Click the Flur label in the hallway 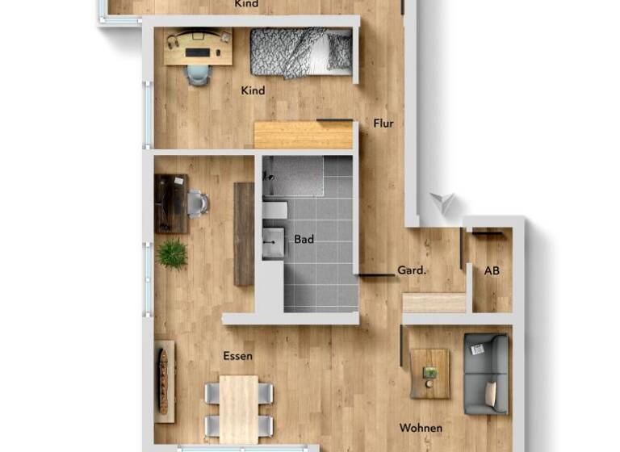coord(383,123)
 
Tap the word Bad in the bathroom coord(304,240)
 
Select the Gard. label coord(411,271)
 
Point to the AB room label coord(492,271)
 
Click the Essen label coord(238,356)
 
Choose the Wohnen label coord(421,428)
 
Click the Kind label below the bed coord(253,91)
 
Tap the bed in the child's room coord(300,52)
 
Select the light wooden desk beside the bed coord(198,47)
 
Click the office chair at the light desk coord(198,74)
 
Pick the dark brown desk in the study coord(170,203)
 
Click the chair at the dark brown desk coord(198,203)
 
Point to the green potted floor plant coord(172,254)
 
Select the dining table coord(239,408)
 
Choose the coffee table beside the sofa coord(430,374)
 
